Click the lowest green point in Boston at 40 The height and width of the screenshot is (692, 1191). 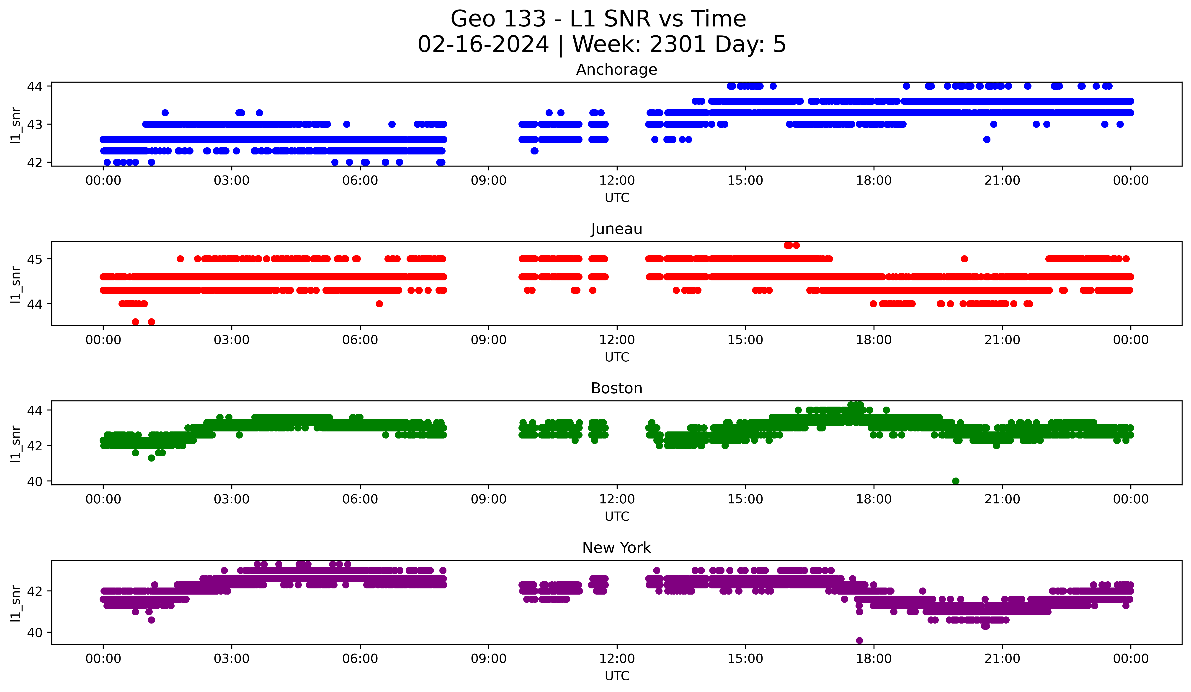pos(956,481)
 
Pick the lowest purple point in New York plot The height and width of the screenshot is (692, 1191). pos(859,640)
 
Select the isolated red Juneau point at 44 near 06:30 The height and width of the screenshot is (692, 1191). pos(379,304)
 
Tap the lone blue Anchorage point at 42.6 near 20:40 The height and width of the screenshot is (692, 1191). pos(986,140)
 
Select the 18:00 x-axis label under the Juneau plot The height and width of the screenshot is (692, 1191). pos(873,340)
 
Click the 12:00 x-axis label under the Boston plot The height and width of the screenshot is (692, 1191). pos(617,499)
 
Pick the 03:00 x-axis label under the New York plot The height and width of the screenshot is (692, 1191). pos(232,659)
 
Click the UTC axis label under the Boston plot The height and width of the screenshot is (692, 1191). pos(617,517)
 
